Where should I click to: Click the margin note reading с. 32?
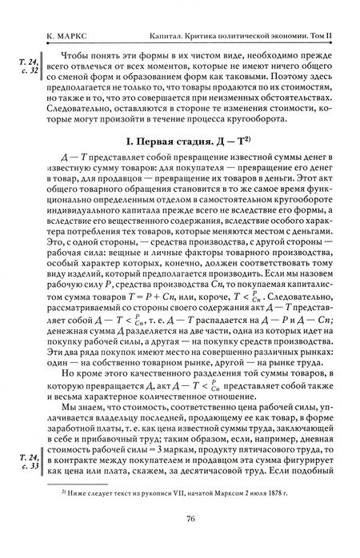pos(27,70)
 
